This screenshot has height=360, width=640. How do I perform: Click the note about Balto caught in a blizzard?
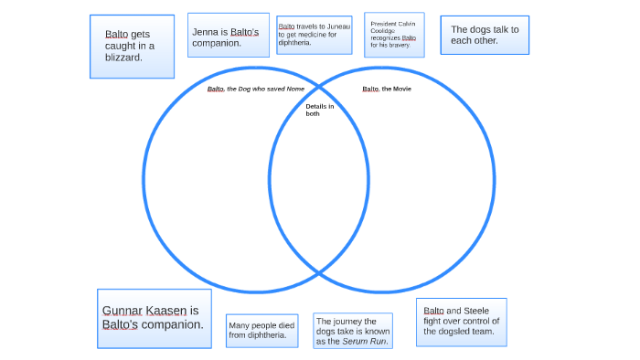point(133,46)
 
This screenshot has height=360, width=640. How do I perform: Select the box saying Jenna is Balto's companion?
point(228,37)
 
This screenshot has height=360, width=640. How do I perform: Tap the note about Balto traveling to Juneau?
point(314,35)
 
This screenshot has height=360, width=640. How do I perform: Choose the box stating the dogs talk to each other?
point(485,35)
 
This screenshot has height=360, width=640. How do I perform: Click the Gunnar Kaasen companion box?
point(154,318)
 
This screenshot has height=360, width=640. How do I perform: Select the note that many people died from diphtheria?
point(262,330)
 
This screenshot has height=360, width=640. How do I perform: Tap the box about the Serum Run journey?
point(353,332)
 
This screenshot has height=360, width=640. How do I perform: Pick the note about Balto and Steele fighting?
point(461,321)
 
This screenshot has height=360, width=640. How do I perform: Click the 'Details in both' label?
point(319,111)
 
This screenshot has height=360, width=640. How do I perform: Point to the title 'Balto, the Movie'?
point(387,89)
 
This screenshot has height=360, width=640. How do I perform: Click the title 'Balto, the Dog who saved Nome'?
point(255,89)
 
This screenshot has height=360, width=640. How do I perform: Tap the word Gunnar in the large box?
point(122,311)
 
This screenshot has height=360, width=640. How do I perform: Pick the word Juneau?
point(338,26)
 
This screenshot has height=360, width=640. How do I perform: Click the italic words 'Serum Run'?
point(365,342)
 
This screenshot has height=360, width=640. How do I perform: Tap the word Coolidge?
point(382,31)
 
